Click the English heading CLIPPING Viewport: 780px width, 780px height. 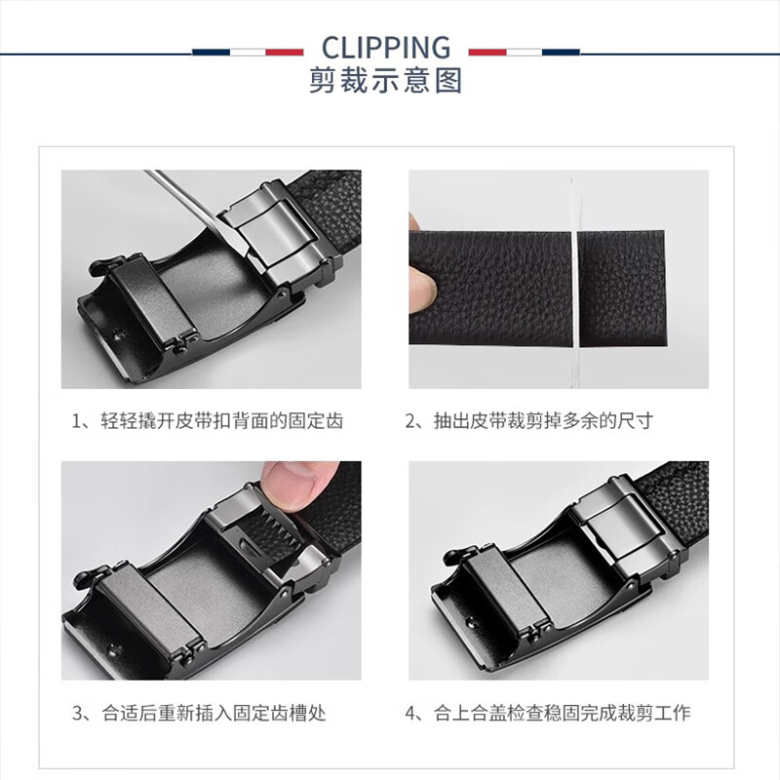(x=386, y=48)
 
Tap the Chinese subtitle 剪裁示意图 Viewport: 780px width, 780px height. (x=386, y=80)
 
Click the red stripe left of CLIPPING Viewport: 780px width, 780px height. (x=285, y=53)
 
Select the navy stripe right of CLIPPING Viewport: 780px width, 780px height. (x=562, y=53)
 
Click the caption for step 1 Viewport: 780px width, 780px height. (x=208, y=421)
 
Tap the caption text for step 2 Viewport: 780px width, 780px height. (x=529, y=421)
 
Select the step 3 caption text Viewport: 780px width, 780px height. (x=199, y=713)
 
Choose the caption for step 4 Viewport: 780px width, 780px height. (x=548, y=713)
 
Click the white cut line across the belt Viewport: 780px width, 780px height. (x=574, y=289)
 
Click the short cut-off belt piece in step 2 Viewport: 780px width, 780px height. (x=622, y=289)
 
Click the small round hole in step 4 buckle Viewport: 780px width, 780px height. (x=471, y=622)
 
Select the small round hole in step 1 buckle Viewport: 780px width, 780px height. (x=118, y=334)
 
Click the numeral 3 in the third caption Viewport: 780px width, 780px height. (x=77, y=714)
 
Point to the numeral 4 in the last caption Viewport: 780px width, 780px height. (x=410, y=714)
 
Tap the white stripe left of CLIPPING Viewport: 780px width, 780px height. (x=248, y=53)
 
